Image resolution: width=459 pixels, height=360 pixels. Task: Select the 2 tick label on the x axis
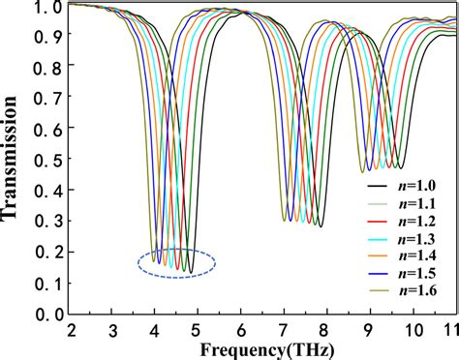(x=71, y=329)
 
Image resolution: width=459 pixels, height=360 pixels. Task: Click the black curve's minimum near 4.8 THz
(x=191, y=272)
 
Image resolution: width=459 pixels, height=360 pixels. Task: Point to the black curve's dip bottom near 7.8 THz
(x=321, y=225)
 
